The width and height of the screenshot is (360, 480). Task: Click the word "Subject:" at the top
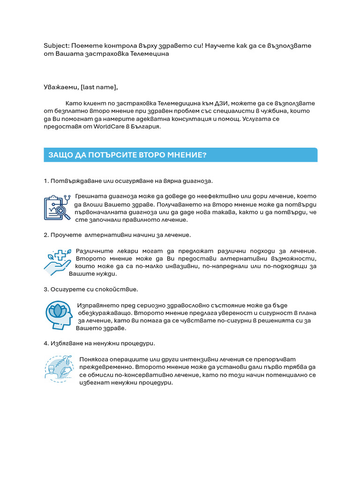pyautogui.click(x=56, y=45)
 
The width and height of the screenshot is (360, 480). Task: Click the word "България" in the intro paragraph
pyautogui.click(x=144, y=127)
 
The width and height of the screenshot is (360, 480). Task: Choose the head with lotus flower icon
pyautogui.click(x=59, y=315)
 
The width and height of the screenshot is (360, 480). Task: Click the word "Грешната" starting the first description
pyautogui.click(x=91, y=196)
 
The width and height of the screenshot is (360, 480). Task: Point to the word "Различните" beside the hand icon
pyautogui.click(x=95, y=251)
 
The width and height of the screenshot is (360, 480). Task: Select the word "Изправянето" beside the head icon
pyautogui.click(x=98, y=305)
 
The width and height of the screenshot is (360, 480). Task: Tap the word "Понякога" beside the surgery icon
pyautogui.click(x=95, y=359)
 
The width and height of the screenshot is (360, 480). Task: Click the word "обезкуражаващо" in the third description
pyautogui.click(x=104, y=313)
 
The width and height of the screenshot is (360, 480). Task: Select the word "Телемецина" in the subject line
pyautogui.click(x=149, y=53)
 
